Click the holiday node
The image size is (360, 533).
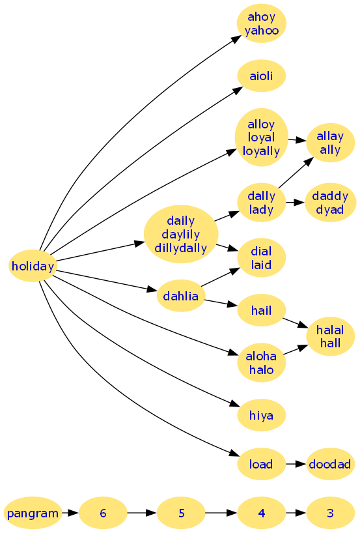33,266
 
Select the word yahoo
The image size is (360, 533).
262,31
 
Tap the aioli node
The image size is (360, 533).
262,76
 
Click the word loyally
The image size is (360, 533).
262,151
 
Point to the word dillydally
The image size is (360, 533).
181,248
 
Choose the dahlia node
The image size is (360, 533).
181,296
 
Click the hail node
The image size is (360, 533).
262,310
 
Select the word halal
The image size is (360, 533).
330,330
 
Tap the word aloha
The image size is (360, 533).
261,356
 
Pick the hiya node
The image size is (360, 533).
262,415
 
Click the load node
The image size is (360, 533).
262,464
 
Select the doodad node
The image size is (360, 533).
330,464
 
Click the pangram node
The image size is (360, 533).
33,513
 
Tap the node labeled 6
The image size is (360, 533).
103,513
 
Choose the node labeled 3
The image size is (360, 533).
330,513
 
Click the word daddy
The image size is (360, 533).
330,196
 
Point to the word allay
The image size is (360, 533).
330,136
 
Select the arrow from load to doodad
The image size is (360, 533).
296,464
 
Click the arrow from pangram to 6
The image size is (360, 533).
71,513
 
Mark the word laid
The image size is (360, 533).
262,265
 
